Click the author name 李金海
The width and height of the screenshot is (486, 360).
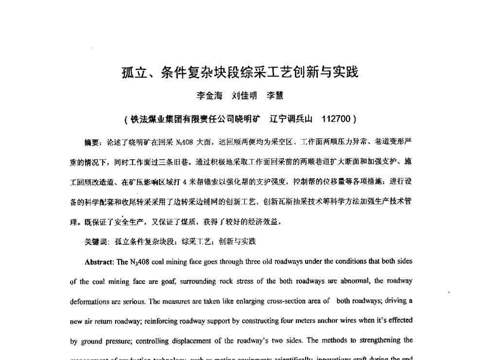coord(209,96)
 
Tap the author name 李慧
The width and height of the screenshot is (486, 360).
coord(275,96)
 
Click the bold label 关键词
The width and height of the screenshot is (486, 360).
coord(95,241)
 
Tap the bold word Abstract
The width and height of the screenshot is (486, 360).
coord(99,261)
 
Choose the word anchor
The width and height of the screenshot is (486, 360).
coord(318,321)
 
